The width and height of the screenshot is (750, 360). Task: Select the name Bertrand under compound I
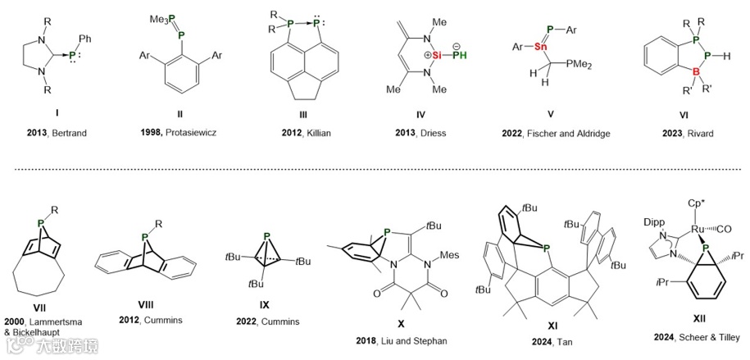72,131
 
